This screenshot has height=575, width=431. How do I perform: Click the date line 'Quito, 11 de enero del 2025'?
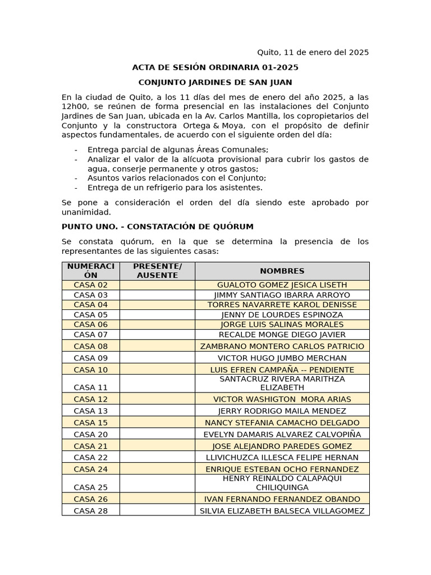[x=313, y=52]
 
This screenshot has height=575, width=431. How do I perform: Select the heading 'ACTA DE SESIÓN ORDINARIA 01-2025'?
[x=215, y=67]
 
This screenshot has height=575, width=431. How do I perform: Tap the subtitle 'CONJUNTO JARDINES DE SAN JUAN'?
[x=215, y=83]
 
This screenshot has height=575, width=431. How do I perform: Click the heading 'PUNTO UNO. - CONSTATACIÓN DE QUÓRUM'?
[x=157, y=226]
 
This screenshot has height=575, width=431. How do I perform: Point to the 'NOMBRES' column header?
[x=282, y=271]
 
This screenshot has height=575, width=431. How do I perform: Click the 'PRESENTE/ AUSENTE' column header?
[x=157, y=271]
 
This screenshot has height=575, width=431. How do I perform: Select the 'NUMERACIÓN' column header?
[x=90, y=271]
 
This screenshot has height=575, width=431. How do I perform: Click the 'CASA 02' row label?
[x=90, y=285]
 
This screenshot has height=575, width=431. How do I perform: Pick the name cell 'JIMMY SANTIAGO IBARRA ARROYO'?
[x=282, y=295]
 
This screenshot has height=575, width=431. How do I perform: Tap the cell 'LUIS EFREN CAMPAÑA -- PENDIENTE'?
[x=282, y=369]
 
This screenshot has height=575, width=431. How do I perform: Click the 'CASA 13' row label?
[x=90, y=410]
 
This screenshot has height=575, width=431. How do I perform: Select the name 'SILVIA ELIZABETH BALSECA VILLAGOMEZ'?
[x=282, y=510]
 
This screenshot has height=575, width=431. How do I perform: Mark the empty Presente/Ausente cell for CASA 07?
[x=157, y=335]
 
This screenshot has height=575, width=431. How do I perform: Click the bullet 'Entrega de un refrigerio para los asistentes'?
[x=175, y=188]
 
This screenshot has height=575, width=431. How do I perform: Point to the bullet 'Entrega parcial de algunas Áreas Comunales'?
[x=178, y=149]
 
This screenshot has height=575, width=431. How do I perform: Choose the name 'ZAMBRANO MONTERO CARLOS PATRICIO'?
[x=282, y=346]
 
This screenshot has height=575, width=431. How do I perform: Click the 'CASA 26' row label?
[x=90, y=499]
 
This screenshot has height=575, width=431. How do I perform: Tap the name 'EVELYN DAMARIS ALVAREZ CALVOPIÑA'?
[x=282, y=434]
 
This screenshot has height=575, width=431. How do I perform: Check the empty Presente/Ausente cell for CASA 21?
[x=157, y=446]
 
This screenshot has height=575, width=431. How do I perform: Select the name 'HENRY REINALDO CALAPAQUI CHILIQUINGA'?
[x=282, y=483]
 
